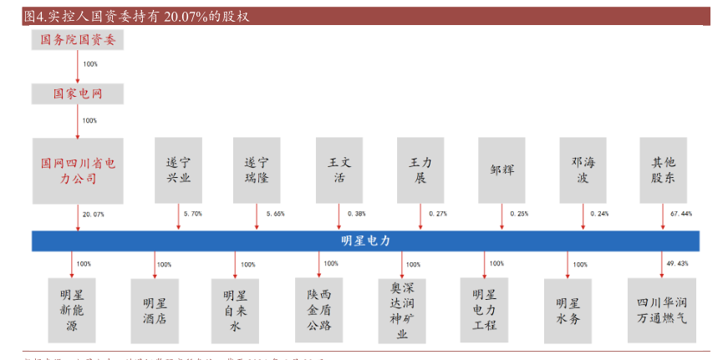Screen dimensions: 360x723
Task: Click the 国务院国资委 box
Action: coord(77,38)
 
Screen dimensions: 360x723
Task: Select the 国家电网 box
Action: coord(77,94)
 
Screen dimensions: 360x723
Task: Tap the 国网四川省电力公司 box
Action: coord(77,170)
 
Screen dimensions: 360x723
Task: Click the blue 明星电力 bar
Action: coord(365,241)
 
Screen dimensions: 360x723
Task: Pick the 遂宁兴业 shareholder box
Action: coord(179,170)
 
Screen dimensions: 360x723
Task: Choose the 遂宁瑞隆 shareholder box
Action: coord(257,170)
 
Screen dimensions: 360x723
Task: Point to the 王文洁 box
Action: coord(339,170)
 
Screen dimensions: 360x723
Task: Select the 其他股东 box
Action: coord(663,170)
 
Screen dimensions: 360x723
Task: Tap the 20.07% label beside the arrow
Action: coord(94,215)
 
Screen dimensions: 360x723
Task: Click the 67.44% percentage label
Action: coord(681,215)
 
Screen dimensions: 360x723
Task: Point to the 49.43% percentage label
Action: coord(677,264)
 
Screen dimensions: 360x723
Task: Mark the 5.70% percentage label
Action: coord(192,215)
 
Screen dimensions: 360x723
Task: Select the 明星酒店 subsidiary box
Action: coord(155,310)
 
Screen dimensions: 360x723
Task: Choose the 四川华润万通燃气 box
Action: coord(663,310)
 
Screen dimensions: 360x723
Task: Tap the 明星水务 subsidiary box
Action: coord(568,310)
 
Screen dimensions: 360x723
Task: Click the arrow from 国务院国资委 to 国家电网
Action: coord(77,65)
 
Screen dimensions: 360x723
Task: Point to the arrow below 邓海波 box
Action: coord(583,215)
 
